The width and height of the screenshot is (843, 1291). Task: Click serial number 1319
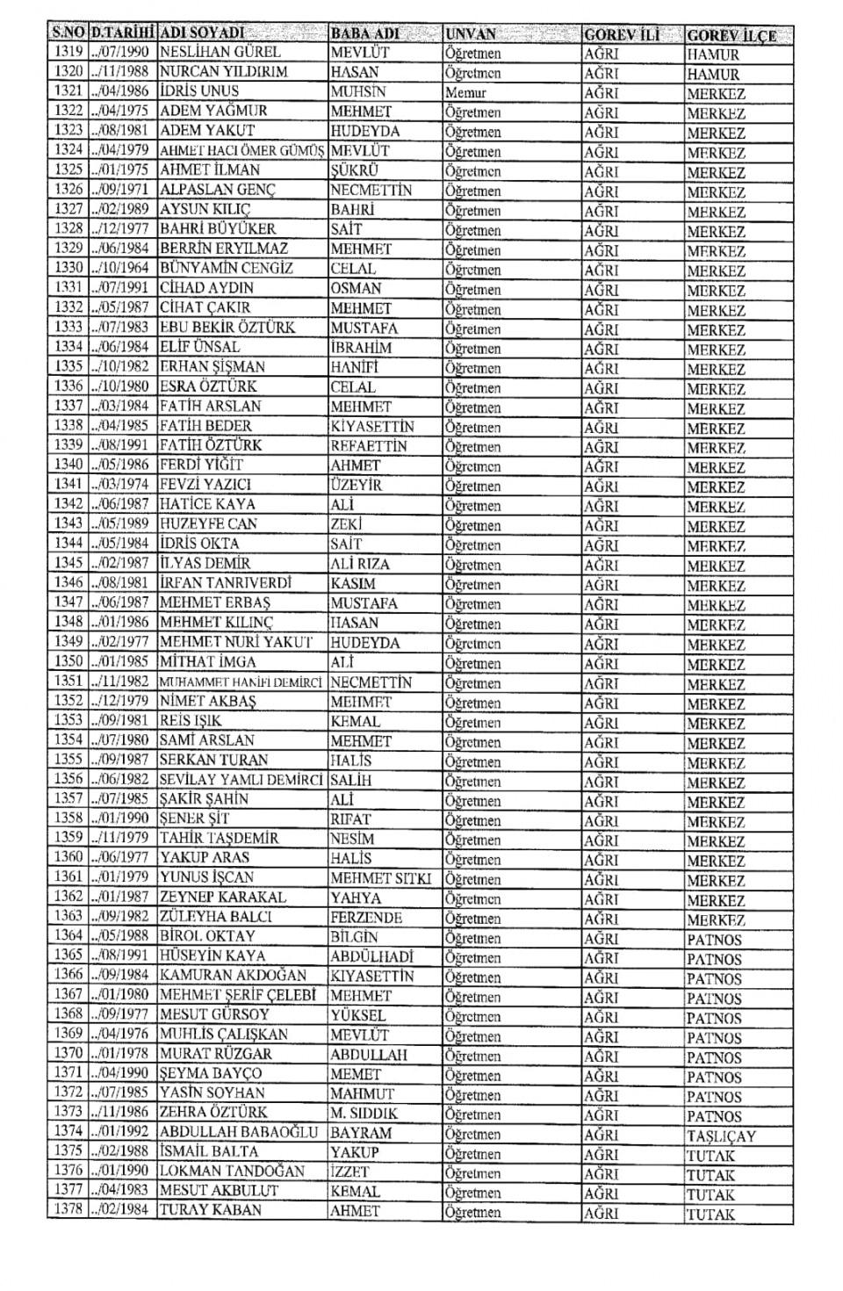68,52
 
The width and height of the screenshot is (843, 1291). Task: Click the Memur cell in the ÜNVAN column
465,92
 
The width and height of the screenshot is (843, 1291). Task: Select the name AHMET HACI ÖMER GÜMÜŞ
241,151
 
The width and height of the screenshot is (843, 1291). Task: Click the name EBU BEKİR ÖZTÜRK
227,328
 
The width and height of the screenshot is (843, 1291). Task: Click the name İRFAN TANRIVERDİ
225,584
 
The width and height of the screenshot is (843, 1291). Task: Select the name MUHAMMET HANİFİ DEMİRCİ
241,682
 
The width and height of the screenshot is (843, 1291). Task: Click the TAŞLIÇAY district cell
721,1136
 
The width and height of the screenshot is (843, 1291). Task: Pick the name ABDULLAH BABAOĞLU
238,1133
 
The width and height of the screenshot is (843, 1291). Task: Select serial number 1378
68,1211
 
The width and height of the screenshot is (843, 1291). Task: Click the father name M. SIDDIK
364,1114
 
